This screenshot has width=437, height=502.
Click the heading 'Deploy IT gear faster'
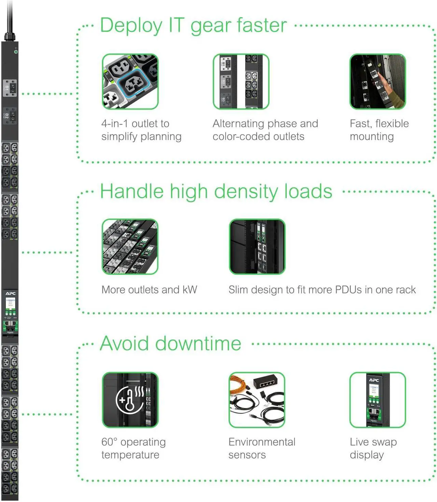coord(193,25)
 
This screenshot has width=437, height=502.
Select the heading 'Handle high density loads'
coord(216,191)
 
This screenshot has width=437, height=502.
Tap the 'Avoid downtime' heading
coord(170,343)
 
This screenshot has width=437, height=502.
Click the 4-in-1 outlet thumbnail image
coord(130,81)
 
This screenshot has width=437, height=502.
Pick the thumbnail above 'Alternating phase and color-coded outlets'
coord(241,81)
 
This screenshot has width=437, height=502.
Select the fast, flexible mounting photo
coord(378,81)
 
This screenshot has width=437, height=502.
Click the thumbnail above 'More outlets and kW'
coord(130,247)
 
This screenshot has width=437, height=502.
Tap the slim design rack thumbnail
coord(257,247)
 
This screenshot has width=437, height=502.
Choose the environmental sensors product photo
coord(257,400)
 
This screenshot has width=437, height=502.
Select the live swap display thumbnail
coord(378,400)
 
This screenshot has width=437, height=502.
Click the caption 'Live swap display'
coord(373,448)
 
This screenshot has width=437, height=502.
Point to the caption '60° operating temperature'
coord(133,448)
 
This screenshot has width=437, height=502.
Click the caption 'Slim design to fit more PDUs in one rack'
coord(322,290)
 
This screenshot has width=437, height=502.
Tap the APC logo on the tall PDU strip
coord(10,293)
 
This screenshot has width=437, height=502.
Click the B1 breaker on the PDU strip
coord(10,88)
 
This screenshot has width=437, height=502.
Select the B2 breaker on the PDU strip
coord(10,116)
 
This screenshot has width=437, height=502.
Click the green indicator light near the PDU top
coord(16,52)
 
